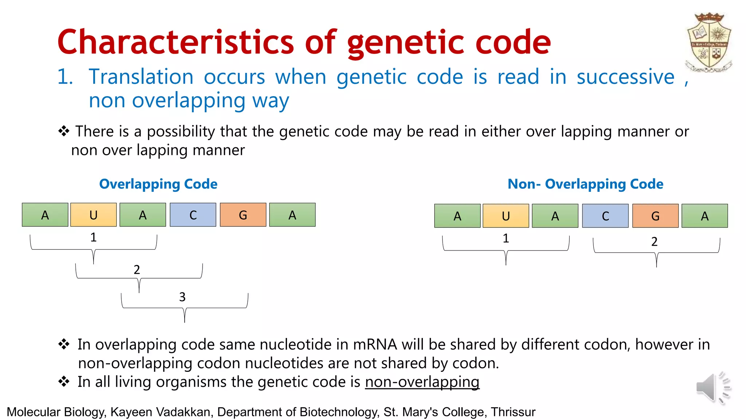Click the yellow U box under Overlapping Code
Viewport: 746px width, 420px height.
(94, 215)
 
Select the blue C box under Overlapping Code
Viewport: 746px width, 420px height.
(193, 215)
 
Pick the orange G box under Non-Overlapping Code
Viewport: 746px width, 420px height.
(655, 216)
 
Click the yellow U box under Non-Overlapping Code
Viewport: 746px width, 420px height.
(506, 216)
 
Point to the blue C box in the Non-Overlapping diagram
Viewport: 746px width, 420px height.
(605, 216)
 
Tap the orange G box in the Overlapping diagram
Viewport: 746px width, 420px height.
(243, 215)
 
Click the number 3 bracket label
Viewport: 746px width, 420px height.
(182, 297)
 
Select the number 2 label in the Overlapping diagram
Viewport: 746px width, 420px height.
(137, 270)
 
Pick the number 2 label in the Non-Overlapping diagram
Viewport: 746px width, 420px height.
(654, 241)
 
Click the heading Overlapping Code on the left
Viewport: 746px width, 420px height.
(158, 184)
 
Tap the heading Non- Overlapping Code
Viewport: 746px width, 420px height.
(585, 184)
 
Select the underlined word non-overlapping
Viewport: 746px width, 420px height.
(422, 382)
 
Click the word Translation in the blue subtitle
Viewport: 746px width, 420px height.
(141, 77)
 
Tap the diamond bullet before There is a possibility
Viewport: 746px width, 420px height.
(64, 131)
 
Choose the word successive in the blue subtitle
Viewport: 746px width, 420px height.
(625, 77)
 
